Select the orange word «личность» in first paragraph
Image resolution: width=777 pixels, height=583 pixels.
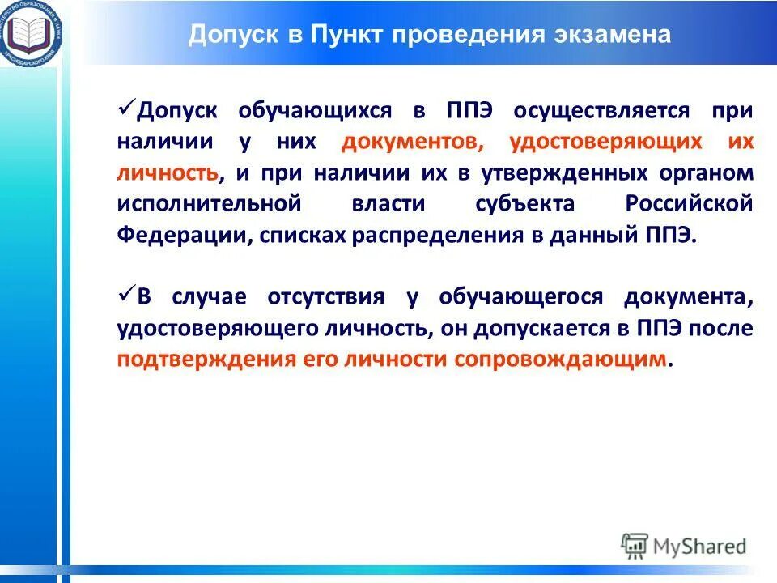click(168, 173)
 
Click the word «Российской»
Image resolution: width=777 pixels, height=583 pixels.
click(689, 204)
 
